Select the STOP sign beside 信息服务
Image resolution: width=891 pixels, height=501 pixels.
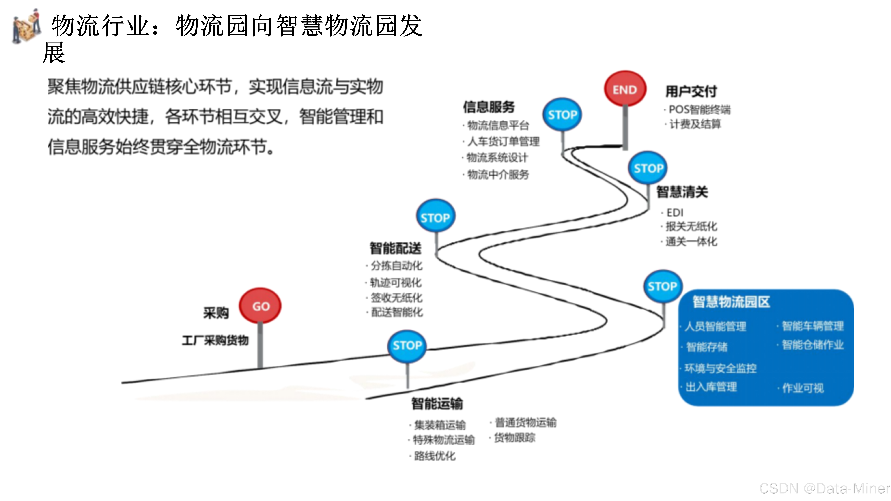[x=562, y=114]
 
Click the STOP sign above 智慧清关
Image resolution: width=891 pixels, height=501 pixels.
[x=648, y=168]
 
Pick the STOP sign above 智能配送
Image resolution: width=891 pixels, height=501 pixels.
[x=435, y=217]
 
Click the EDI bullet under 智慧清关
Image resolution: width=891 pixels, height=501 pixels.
[x=674, y=212]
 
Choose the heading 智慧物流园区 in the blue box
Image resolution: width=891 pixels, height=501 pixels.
[x=731, y=302]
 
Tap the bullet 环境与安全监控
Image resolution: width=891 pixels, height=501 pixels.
[x=721, y=368]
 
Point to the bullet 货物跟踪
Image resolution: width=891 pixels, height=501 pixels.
[x=514, y=438]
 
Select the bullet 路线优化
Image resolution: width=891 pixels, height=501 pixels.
[x=434, y=456]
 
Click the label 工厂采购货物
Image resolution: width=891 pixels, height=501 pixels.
[x=215, y=340]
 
